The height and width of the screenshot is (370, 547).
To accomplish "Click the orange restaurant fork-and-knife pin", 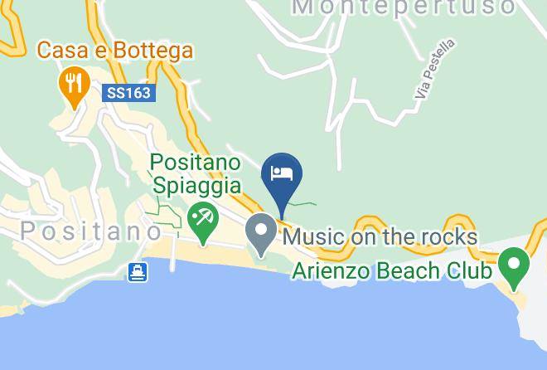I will tap(75, 84).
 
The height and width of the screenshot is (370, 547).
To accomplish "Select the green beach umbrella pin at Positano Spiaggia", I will tap(201, 220).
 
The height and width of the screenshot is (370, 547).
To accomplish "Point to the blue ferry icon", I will tap(138, 270).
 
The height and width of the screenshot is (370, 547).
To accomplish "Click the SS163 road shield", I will tap(129, 93).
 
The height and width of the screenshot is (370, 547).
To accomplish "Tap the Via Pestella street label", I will tap(436, 71).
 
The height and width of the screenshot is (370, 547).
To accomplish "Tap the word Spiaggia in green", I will tap(196, 185).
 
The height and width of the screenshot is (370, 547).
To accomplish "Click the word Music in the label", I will tap(313, 237).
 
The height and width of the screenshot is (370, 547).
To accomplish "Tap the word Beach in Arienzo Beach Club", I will tap(410, 270).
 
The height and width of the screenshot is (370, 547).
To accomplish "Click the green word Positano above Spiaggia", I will tap(196, 161).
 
